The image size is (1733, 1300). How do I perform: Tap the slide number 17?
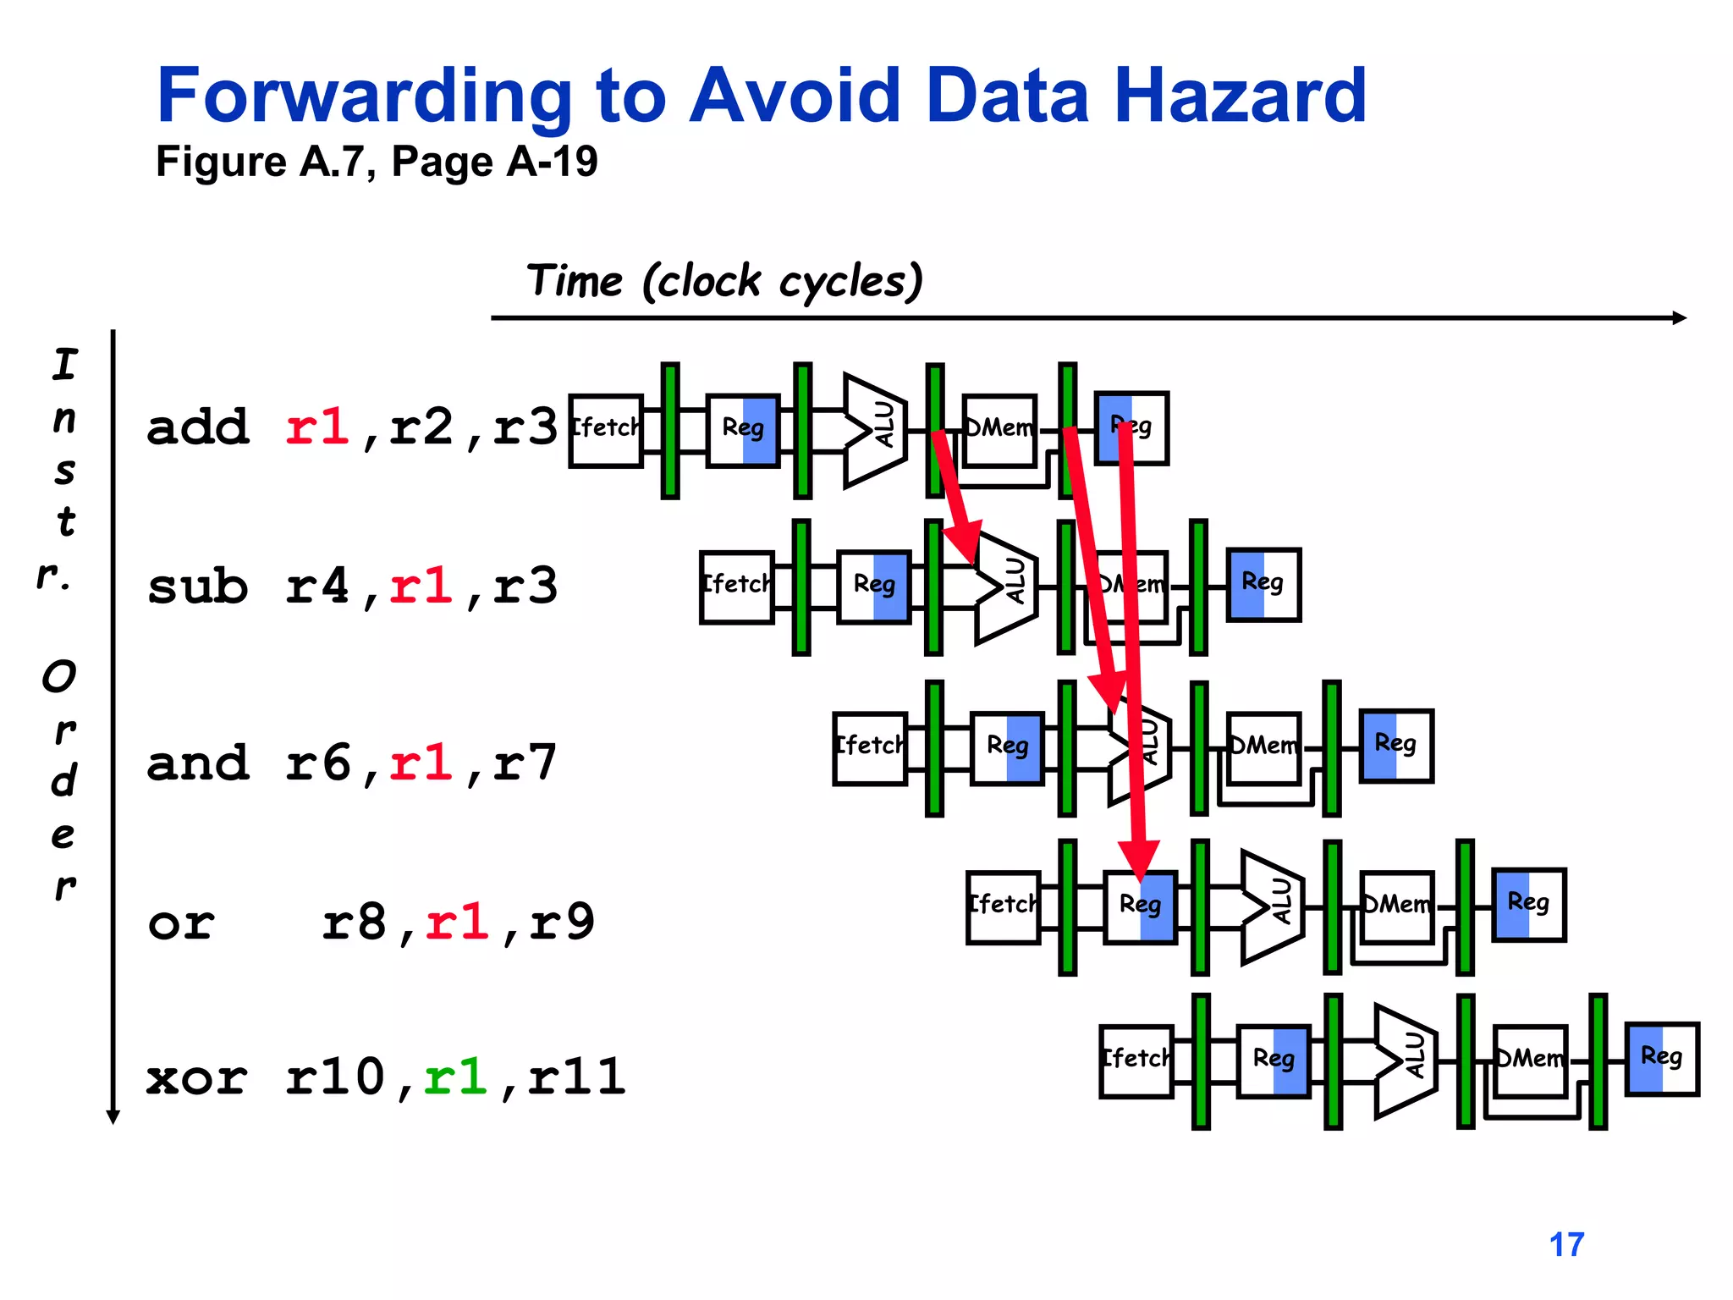1566,1244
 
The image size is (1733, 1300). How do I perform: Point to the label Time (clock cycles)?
723,281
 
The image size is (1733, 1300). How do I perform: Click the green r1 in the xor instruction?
455,1077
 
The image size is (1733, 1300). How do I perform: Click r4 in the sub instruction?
316,586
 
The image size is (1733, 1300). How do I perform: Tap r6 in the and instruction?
316,763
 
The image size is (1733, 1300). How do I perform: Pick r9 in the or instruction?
562,922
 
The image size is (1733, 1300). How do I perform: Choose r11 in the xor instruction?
576,1077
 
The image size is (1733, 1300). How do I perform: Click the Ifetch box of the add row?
606,430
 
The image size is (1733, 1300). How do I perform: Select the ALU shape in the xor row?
1405,1060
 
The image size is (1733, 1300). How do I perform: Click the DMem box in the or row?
1397,906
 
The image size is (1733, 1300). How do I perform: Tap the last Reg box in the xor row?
1662,1059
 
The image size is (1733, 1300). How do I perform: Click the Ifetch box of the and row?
870,748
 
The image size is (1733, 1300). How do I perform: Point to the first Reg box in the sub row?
874,587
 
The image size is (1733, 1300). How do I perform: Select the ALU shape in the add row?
875,430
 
